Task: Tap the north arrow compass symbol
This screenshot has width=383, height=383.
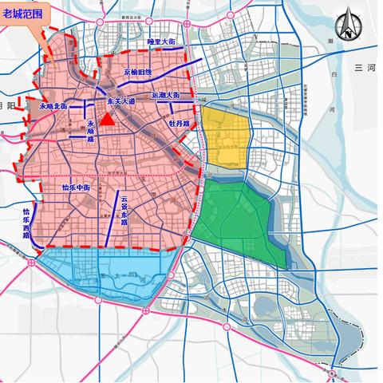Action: (346, 27)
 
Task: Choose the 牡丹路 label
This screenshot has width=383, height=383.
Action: (178, 124)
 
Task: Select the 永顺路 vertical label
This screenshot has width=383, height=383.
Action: (91, 128)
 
